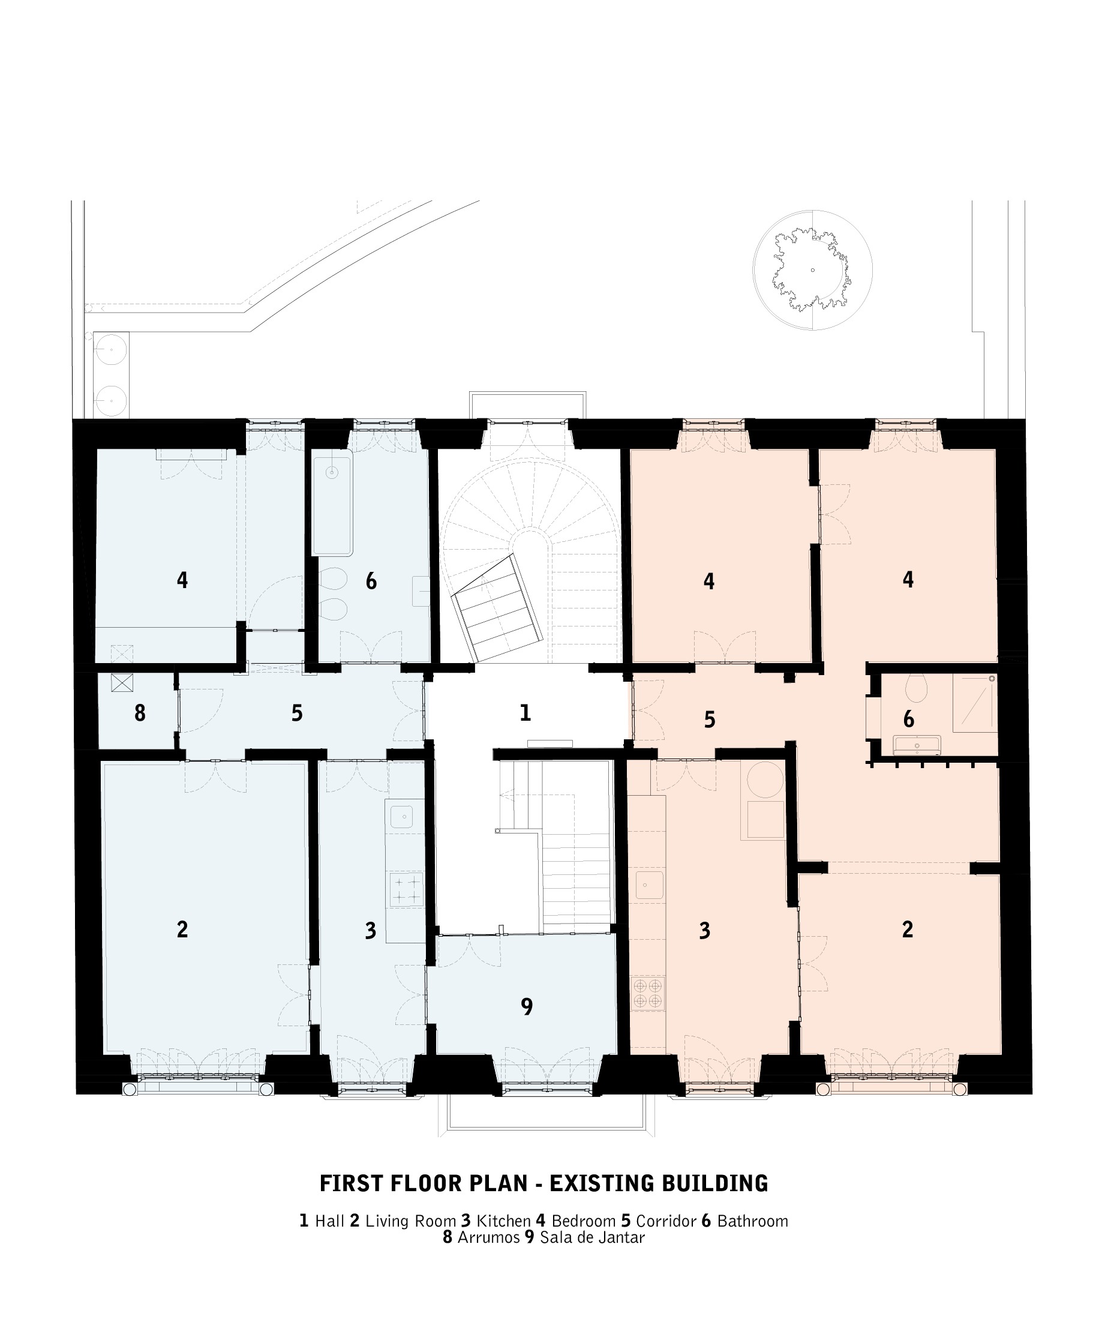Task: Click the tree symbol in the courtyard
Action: coord(812,270)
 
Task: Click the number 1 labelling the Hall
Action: coord(525,712)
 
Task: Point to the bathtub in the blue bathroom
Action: coord(332,502)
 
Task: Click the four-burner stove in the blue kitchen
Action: coord(406,889)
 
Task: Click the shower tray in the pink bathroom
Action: coord(974,702)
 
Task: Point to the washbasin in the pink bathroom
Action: coord(917,745)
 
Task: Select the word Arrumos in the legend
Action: coord(488,1237)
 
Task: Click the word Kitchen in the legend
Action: coord(503,1221)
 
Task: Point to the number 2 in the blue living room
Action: coord(182,929)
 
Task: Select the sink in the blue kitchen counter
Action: coord(402,817)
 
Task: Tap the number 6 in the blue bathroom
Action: coord(371,581)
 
